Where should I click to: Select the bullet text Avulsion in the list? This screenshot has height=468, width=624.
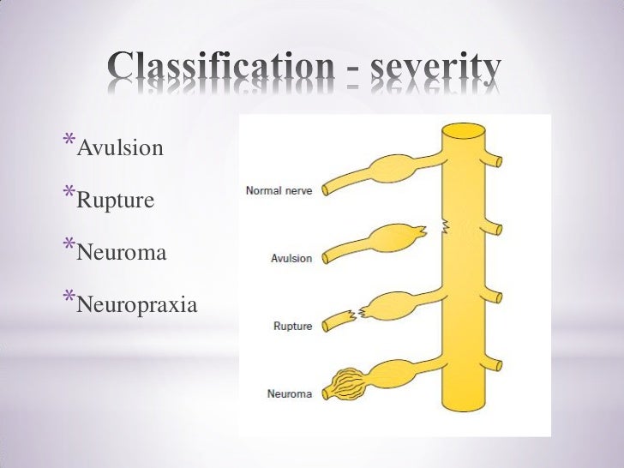(x=120, y=149)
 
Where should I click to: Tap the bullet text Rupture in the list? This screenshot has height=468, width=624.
(x=116, y=201)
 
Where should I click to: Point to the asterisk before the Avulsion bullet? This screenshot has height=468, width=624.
(x=68, y=141)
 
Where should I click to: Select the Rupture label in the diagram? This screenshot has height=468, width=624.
(x=292, y=326)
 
